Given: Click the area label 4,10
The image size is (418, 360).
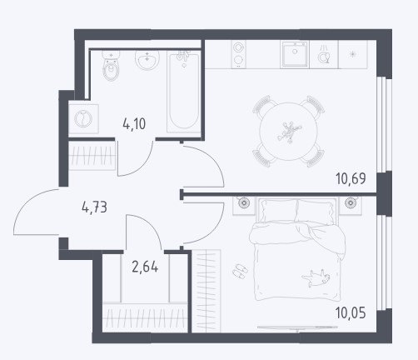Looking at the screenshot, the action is [134, 124].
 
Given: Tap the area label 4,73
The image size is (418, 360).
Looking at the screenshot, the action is [94, 207].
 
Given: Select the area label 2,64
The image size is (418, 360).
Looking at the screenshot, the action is [145, 267].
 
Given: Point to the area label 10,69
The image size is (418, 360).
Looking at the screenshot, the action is [351, 178].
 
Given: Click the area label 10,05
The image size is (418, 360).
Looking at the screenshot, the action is [351, 313].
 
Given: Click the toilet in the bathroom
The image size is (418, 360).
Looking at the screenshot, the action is [111, 66].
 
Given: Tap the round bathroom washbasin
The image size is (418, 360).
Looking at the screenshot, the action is [147, 60].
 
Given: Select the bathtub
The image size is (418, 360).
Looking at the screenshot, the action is [183, 92].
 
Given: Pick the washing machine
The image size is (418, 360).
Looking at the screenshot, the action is [83, 118].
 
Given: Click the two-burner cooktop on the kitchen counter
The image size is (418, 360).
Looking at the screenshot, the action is [239, 54].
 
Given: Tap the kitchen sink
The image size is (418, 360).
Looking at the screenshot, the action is [295, 54].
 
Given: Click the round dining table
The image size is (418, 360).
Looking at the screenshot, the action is [288, 132].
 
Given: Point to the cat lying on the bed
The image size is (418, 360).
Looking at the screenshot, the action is [316, 278].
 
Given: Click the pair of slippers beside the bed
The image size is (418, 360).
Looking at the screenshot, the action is [240, 271].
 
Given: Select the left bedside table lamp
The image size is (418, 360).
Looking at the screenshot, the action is [244, 202].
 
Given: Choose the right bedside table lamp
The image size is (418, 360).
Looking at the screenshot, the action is [351, 202].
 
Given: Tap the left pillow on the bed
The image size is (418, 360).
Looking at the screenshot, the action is [278, 210].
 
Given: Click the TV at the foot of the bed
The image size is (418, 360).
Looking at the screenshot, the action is [297, 328].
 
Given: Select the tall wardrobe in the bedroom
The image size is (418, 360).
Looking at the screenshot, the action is [207, 291].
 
